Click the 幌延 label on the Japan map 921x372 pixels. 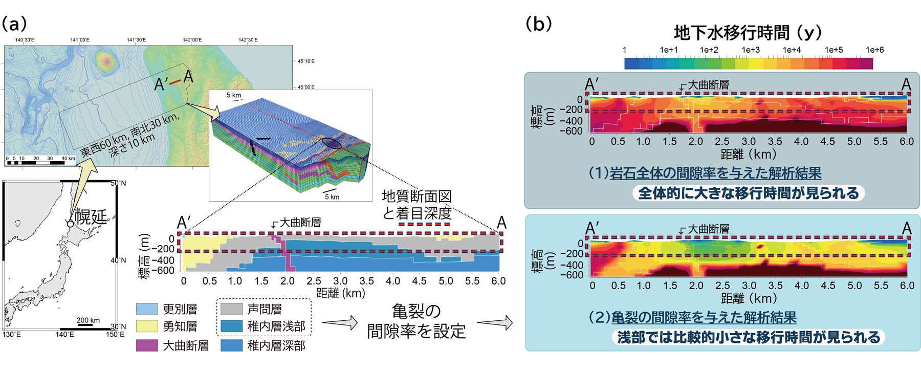[x=91, y=216]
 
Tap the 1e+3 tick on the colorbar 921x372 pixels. [x=751, y=50]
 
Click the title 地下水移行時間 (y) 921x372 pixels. [x=748, y=33]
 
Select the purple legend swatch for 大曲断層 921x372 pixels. [x=146, y=345]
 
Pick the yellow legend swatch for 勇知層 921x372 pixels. [x=146, y=326]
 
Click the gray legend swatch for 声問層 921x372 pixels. [x=231, y=309]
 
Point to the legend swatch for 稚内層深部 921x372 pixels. [x=231, y=345]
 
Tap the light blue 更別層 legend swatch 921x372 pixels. [x=146, y=309]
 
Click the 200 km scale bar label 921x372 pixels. [x=88, y=320]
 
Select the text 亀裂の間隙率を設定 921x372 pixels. [x=416, y=321]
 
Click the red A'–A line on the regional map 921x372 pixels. [x=175, y=82]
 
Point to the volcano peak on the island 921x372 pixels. [x=106, y=61]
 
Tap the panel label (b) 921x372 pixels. [x=539, y=24]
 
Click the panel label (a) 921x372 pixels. [x=14, y=24]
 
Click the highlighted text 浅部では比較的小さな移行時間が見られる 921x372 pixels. [x=748, y=337]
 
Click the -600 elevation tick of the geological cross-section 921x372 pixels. [x=164, y=271]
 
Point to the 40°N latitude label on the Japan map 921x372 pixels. [x=118, y=260]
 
